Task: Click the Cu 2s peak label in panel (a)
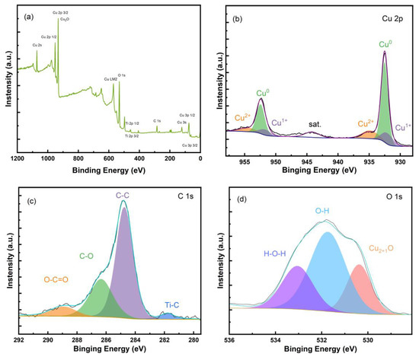37,45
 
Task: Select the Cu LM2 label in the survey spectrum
111,78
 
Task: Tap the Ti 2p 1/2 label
131,122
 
